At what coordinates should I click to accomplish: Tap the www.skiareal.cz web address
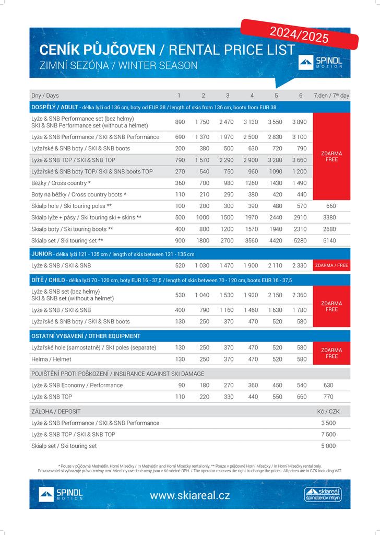pyautogui.click(x=190, y=495)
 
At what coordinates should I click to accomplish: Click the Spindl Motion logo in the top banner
pyautogui.click(x=320, y=63)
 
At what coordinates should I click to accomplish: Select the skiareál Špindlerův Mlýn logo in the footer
pyautogui.click(x=322, y=494)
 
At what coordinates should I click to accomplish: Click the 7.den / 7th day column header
pyautogui.click(x=331, y=96)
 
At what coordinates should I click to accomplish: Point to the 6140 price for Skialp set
pyautogui.click(x=329, y=241)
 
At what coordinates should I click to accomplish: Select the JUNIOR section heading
pyautogui.click(x=41, y=254)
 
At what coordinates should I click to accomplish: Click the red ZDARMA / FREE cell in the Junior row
pyautogui.click(x=331, y=266)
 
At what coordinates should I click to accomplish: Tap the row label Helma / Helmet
pyautogui.click(x=51, y=359)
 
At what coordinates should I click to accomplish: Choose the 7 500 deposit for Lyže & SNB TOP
pyautogui.click(x=328, y=435)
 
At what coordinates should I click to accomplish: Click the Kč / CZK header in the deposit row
pyautogui.click(x=328, y=412)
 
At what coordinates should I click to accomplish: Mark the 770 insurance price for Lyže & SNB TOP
pyautogui.click(x=328, y=397)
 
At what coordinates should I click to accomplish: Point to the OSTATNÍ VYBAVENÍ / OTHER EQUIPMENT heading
pyautogui.click(x=86, y=336)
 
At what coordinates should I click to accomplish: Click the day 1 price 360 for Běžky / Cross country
pyautogui.click(x=180, y=183)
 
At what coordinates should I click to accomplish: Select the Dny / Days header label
pyautogui.click(x=45, y=96)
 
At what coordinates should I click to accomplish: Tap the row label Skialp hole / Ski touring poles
pyautogui.click(x=72, y=206)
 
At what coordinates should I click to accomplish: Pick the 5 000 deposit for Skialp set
pyautogui.click(x=328, y=446)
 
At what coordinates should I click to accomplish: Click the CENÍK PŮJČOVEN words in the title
pyautogui.click(x=98, y=50)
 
